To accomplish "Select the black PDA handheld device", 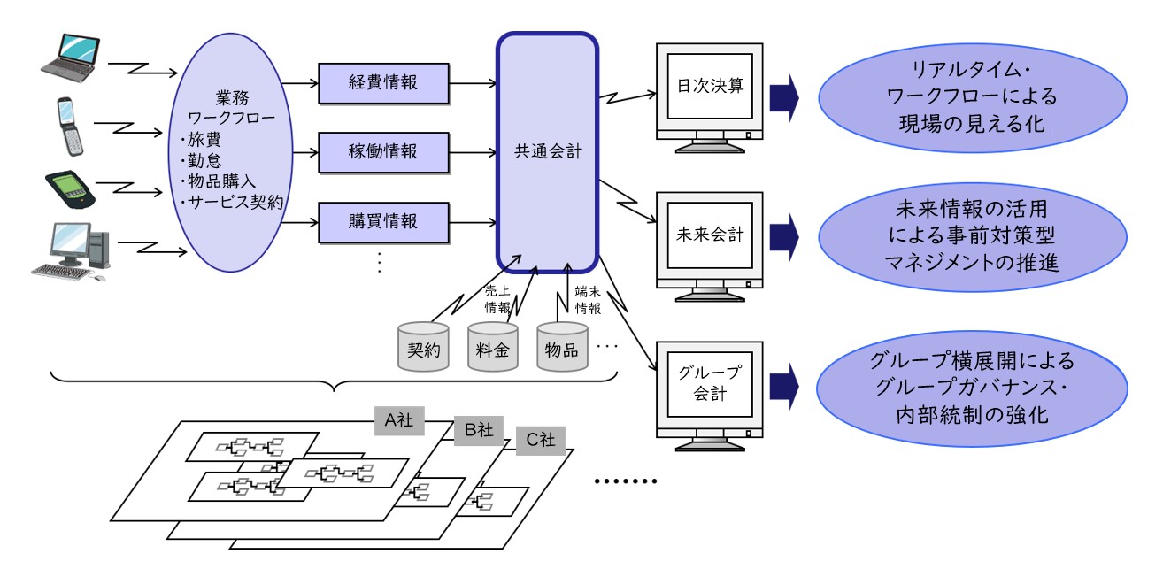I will (x=70, y=188).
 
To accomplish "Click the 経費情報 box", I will (x=382, y=83).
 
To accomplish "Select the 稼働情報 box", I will (x=382, y=150).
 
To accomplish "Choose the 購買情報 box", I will (x=382, y=218).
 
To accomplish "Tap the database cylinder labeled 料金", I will (x=493, y=348).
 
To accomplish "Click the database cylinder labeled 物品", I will (x=562, y=348).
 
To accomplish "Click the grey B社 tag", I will (x=479, y=430).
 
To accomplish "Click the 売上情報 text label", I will (x=497, y=299).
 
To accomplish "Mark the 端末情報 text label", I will (x=589, y=299).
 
